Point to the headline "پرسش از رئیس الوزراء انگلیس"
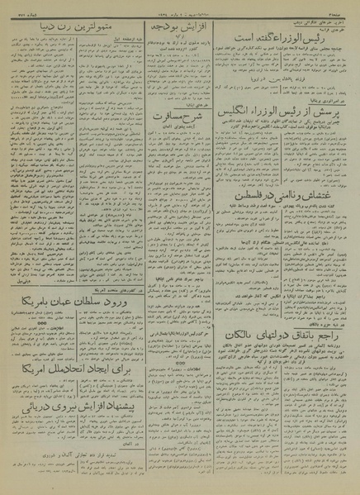[x=286, y=132]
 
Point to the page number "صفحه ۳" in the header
[x=339, y=8]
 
